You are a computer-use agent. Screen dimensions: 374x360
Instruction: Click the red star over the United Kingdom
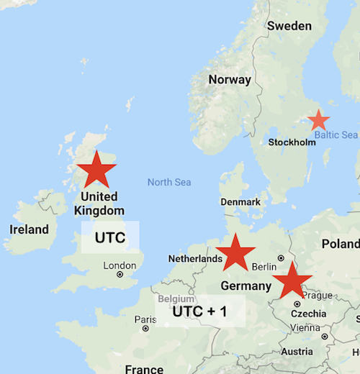tap(96, 170)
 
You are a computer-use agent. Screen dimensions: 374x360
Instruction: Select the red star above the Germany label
tap(235, 253)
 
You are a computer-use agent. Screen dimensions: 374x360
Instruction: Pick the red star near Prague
tap(292, 280)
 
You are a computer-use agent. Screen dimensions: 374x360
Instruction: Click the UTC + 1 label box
tap(200, 312)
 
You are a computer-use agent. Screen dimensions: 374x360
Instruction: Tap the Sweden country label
tap(289, 26)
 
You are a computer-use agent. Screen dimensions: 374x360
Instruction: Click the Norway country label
tap(230, 80)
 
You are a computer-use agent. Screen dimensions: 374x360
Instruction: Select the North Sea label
tap(169, 182)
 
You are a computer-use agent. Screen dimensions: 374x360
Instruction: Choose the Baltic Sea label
tap(336, 134)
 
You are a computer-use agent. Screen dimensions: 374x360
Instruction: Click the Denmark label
tap(240, 202)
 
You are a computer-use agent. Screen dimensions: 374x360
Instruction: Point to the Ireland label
tap(29, 230)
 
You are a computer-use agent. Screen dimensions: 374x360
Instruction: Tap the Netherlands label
tap(195, 258)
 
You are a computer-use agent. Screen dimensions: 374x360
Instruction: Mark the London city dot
tap(120, 275)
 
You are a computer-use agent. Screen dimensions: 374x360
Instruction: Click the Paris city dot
tap(145, 328)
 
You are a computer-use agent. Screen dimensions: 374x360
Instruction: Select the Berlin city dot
tap(281, 258)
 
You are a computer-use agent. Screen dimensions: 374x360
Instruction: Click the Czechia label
tap(307, 314)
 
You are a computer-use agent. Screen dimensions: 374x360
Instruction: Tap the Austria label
tap(297, 352)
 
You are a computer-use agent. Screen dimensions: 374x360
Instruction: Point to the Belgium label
tap(176, 298)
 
